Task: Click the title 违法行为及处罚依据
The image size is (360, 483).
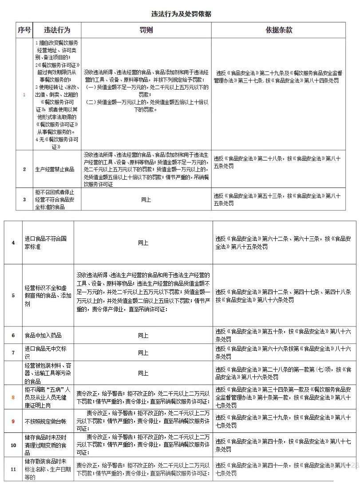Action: coord(180,14)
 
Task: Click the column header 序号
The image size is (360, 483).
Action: coord(24,30)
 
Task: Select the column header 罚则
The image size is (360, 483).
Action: coord(146,30)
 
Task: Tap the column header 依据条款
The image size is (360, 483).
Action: coord(279,30)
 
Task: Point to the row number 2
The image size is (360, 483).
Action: coord(24,169)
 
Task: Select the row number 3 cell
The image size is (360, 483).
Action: coord(24,200)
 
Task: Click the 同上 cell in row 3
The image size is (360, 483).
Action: coord(146,200)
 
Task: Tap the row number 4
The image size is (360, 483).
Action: coord(13,243)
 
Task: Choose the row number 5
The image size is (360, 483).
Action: coord(13,295)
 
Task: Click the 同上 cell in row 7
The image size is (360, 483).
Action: coord(143,353)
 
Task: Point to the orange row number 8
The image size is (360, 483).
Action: coord(13,397)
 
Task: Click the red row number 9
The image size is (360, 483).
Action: coord(13,421)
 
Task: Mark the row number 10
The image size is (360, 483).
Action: coord(13,445)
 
